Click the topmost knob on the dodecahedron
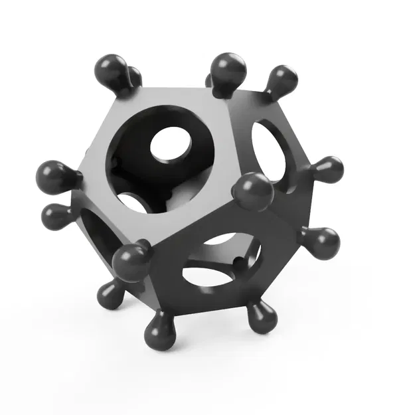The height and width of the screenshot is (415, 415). [228, 68]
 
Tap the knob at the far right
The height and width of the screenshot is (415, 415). [328, 169]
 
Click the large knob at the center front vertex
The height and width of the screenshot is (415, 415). [253, 191]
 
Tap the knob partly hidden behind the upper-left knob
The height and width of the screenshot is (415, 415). [135, 77]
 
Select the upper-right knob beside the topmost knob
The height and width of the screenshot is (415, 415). [282, 79]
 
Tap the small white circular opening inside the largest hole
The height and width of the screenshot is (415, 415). [172, 145]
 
